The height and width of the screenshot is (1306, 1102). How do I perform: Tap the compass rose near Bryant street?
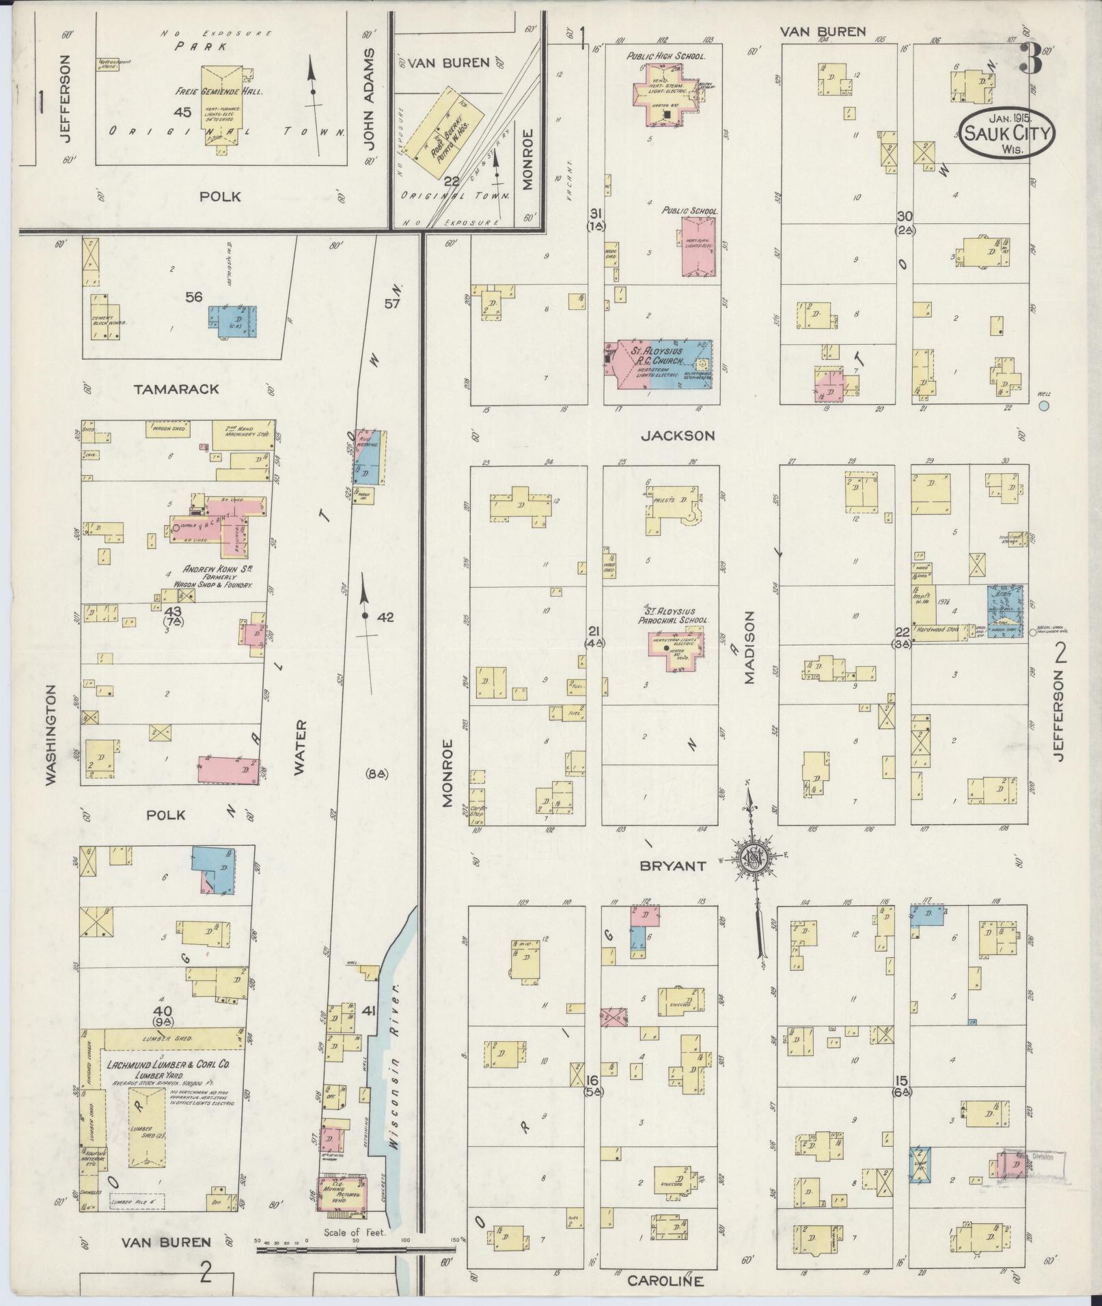(754, 857)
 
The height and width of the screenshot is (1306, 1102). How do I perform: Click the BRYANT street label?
(672, 866)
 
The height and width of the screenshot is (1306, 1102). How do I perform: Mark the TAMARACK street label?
(177, 388)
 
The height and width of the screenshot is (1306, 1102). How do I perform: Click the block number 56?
(194, 296)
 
